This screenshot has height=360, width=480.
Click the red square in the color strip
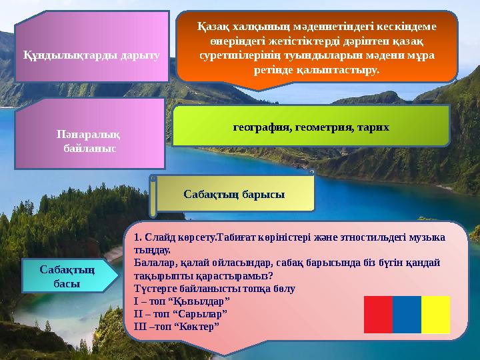tap(378, 315)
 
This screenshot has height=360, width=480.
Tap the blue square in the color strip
tap(407, 315)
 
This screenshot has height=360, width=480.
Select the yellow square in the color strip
tap(436, 315)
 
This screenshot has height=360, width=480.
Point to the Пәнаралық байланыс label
tap(89, 140)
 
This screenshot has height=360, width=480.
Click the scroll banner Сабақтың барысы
tap(234, 194)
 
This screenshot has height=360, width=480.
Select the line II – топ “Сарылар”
tap(180, 313)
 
